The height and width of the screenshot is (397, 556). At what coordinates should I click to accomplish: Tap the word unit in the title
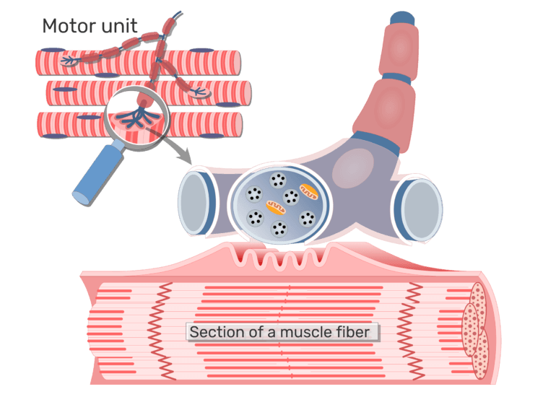click(x=120, y=26)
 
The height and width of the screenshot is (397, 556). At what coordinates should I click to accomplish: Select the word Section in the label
click(x=213, y=333)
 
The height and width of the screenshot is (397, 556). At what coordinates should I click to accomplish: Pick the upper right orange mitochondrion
click(x=309, y=192)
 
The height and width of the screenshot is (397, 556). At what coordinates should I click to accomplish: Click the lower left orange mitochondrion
click(x=275, y=209)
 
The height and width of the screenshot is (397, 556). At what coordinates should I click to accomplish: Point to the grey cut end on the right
click(x=421, y=210)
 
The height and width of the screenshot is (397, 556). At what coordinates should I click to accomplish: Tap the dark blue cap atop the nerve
click(x=401, y=17)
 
